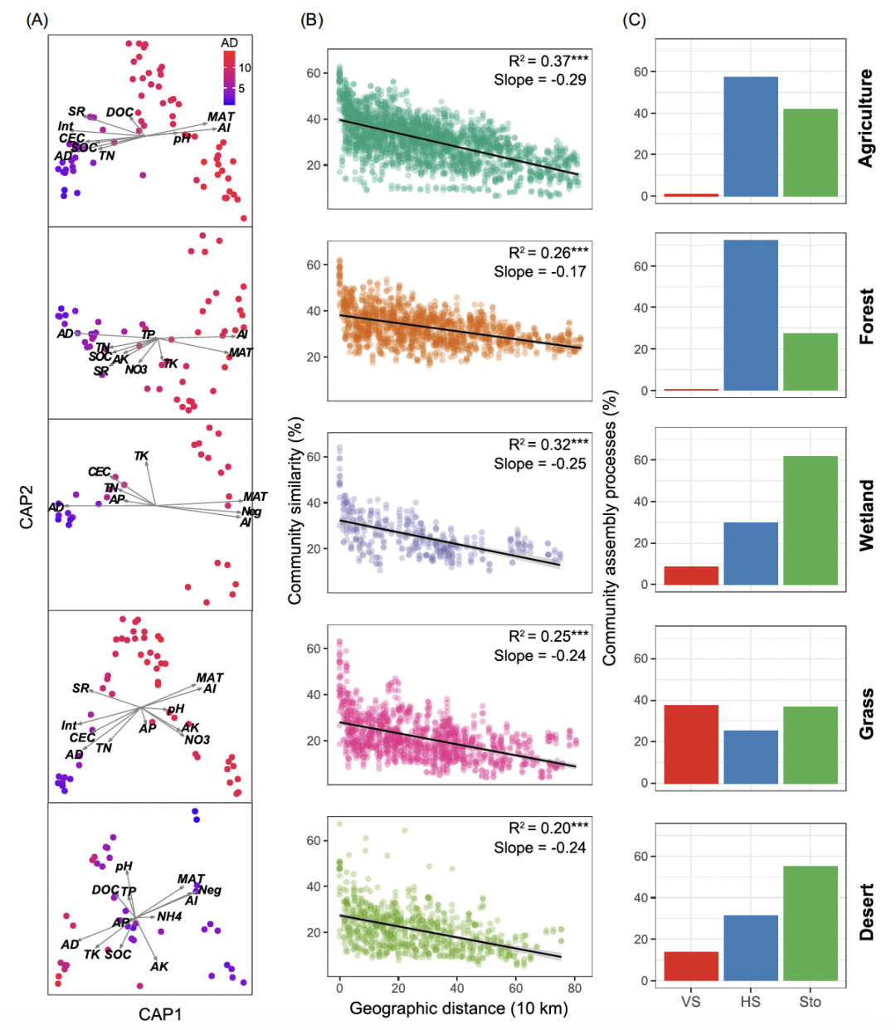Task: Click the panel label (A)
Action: pos(37,20)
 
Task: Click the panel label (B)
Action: pos(311,20)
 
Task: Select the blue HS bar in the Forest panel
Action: pos(751,315)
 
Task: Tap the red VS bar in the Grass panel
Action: pos(691,744)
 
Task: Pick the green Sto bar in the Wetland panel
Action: pos(811,520)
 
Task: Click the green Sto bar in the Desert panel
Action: pos(811,923)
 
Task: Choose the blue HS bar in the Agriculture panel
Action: pos(751,137)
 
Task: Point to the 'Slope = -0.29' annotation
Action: pos(540,80)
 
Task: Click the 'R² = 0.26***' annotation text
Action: pos(548,253)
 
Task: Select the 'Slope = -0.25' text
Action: pos(540,464)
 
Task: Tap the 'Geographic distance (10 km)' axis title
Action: pos(459,1008)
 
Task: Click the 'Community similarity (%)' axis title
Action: pos(295,510)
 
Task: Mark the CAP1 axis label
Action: pos(160,1013)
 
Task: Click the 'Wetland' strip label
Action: pos(866,515)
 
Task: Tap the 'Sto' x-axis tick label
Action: pos(810,1002)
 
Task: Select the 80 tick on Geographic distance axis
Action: pos(575,988)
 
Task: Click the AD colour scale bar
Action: pos(229,77)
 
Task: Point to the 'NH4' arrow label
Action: pos(169,916)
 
